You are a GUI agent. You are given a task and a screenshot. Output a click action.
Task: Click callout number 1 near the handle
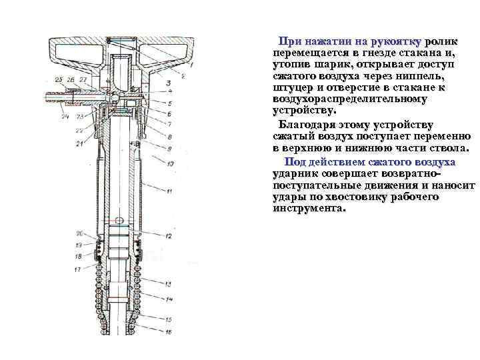191,66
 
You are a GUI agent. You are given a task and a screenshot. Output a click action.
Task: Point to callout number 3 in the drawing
169,83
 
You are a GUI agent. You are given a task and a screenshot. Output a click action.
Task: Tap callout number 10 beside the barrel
171,163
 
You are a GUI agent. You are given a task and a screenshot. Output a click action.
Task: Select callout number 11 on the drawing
169,191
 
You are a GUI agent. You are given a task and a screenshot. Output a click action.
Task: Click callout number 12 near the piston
169,235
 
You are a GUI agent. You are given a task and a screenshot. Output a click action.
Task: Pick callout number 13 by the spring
169,284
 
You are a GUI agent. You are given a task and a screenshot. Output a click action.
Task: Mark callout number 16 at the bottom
169,331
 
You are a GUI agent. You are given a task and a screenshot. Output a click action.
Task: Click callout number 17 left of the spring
77,269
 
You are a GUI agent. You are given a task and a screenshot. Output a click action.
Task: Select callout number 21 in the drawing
79,143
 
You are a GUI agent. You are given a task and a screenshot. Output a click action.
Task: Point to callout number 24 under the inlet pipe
65,117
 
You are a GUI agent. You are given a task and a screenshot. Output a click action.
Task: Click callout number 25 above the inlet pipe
59,80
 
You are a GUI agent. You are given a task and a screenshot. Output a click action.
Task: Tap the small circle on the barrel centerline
118,221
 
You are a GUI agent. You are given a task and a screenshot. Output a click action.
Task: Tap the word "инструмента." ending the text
310,207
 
